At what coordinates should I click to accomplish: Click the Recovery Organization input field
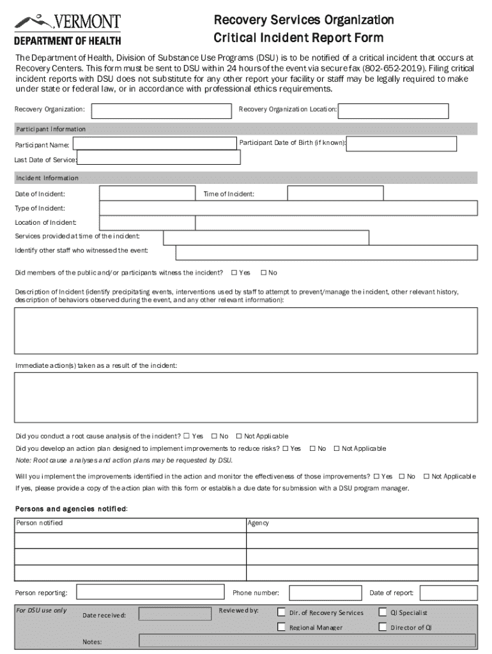click(x=162, y=110)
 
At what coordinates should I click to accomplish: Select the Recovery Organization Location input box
click(x=407, y=111)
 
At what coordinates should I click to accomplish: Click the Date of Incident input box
click(x=146, y=193)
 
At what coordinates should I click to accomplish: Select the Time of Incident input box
click(x=335, y=193)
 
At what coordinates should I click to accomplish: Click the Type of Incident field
click(x=288, y=208)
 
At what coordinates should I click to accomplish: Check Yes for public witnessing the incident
click(x=234, y=273)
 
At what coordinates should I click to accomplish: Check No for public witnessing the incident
click(x=263, y=273)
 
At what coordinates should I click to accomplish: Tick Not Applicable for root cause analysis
click(x=239, y=436)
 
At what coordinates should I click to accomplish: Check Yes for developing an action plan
click(x=286, y=449)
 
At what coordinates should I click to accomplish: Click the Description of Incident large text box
click(x=245, y=330)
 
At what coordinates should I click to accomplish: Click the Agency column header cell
click(x=362, y=524)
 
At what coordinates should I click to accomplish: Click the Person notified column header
click(x=130, y=524)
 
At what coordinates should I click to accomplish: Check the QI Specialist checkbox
click(x=383, y=612)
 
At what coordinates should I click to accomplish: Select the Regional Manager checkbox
click(x=281, y=627)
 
